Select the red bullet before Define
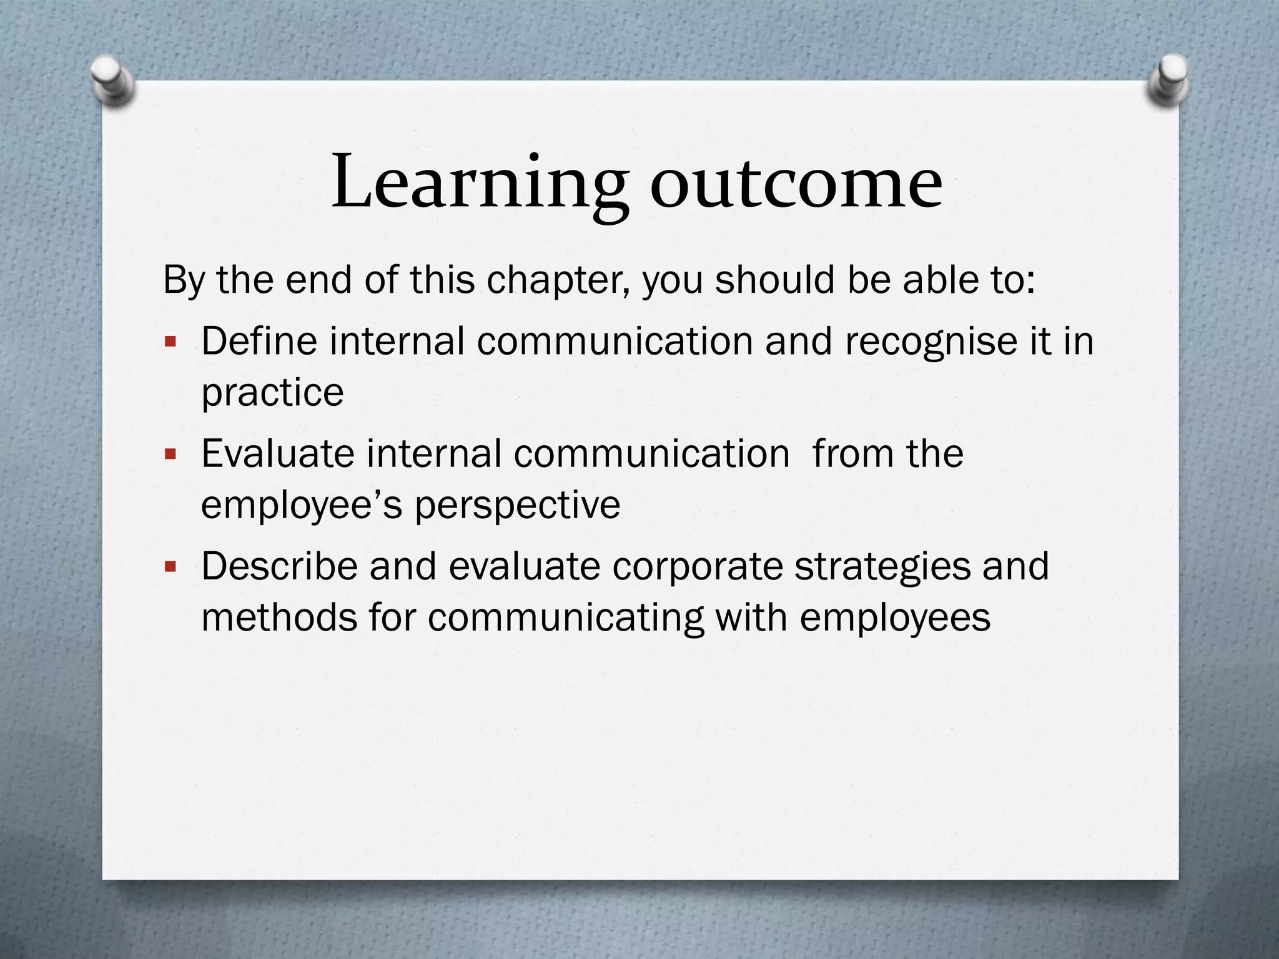click(x=170, y=342)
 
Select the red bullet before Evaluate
click(x=170, y=454)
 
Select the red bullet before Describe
click(x=170, y=567)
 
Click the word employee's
click(x=302, y=505)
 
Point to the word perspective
click(x=518, y=505)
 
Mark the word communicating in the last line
click(x=565, y=618)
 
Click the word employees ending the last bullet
click(x=894, y=618)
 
